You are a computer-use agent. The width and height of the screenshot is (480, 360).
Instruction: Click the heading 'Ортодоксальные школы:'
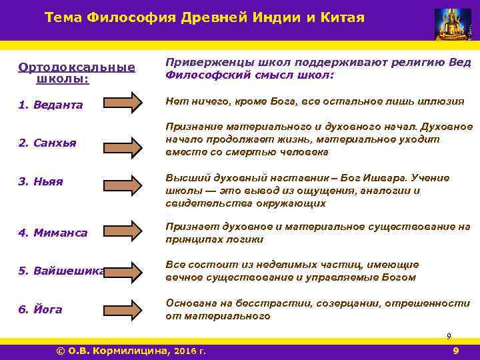(x=77, y=73)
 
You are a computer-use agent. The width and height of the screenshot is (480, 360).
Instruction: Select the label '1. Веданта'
(x=51, y=105)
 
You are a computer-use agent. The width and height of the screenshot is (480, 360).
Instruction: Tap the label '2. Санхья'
(x=47, y=143)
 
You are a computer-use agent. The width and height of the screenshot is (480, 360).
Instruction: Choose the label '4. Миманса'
(x=53, y=233)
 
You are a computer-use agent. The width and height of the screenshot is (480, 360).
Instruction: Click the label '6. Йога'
(x=41, y=309)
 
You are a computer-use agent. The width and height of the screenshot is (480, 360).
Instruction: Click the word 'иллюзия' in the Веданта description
(x=441, y=101)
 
